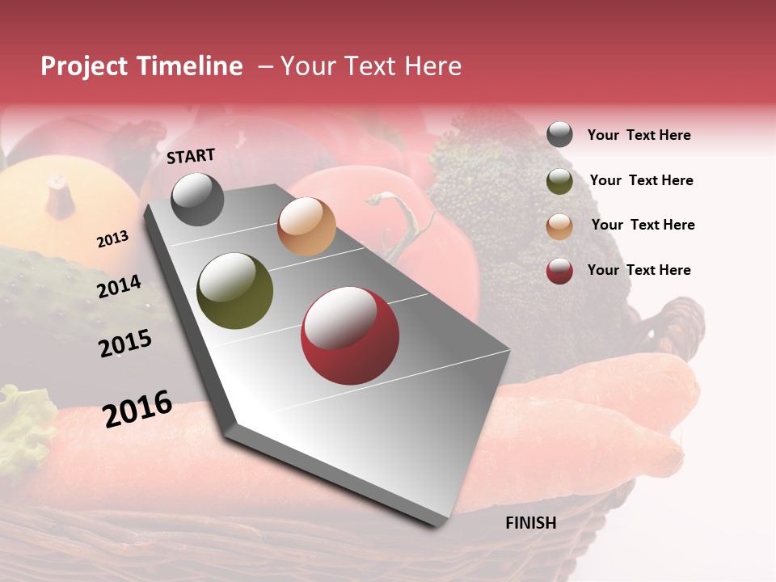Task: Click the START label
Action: pyautogui.click(x=191, y=156)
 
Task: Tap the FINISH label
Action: pyautogui.click(x=530, y=523)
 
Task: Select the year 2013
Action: pyautogui.click(x=112, y=239)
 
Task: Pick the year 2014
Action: pyautogui.click(x=119, y=286)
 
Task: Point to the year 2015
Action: pyautogui.click(x=125, y=344)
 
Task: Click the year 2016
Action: pyautogui.click(x=137, y=408)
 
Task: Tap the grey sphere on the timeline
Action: pyautogui.click(x=197, y=199)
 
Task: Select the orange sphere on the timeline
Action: pyautogui.click(x=306, y=226)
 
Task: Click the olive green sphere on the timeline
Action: pyautogui.click(x=235, y=291)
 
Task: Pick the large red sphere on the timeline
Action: pyautogui.click(x=350, y=336)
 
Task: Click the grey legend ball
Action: pyautogui.click(x=559, y=135)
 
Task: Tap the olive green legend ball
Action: pyautogui.click(x=559, y=181)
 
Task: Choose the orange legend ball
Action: pyautogui.click(x=559, y=226)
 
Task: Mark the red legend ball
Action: pyautogui.click(x=559, y=271)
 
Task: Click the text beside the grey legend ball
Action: pyautogui.click(x=639, y=135)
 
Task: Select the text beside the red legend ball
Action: pyautogui.click(x=639, y=270)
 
